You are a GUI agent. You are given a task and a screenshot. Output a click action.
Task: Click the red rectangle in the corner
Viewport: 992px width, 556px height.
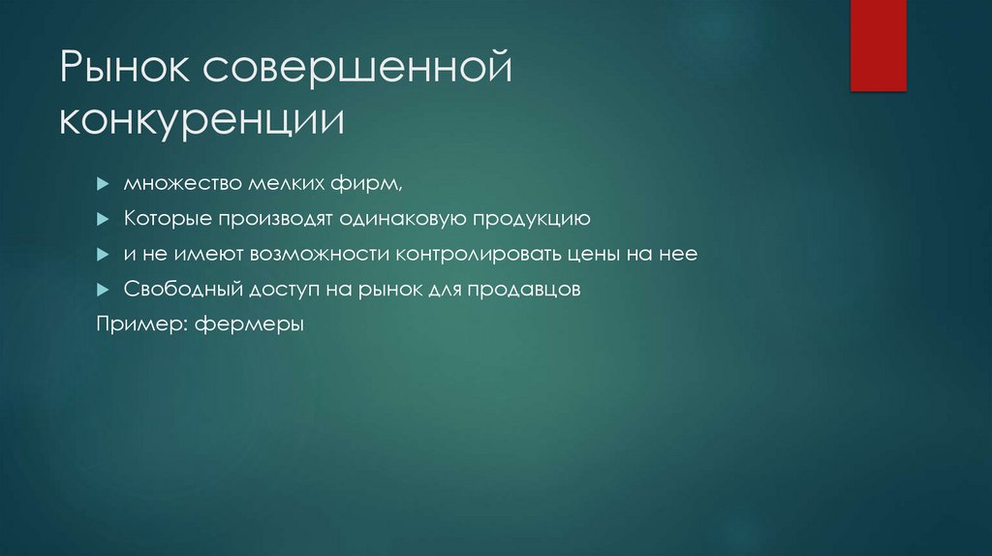[x=878, y=46]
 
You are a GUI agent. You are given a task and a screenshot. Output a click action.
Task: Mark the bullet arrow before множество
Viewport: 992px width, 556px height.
[x=102, y=184]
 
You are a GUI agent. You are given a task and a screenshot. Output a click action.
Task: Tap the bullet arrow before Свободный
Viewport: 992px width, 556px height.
[x=102, y=290]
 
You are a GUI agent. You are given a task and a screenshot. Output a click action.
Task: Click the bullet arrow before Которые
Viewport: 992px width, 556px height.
[x=102, y=219]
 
